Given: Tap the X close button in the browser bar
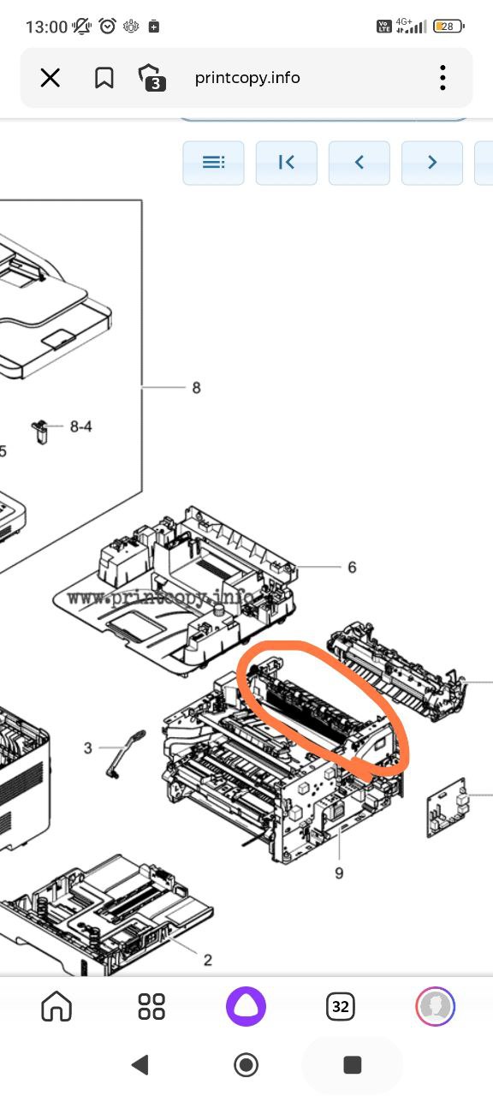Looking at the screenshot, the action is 50,78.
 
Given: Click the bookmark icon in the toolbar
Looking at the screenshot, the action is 104,78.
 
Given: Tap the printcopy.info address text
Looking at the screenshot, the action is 247,78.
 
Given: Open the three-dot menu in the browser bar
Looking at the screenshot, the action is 443,78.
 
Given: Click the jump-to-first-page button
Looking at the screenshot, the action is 286,163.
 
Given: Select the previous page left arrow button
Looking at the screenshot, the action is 359,163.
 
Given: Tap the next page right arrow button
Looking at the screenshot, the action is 432,163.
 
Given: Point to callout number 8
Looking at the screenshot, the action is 196,388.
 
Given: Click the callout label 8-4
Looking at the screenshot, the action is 80,426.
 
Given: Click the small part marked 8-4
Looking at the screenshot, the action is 40,431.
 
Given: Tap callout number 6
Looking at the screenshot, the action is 352,567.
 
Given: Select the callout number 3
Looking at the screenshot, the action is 87,748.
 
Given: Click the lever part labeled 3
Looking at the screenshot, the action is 125,753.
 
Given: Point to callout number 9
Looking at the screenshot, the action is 339,873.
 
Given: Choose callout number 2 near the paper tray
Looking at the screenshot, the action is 207,960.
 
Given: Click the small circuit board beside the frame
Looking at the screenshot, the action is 447,807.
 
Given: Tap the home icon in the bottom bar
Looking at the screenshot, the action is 56,1006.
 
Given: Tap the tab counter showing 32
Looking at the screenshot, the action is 341,1006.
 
